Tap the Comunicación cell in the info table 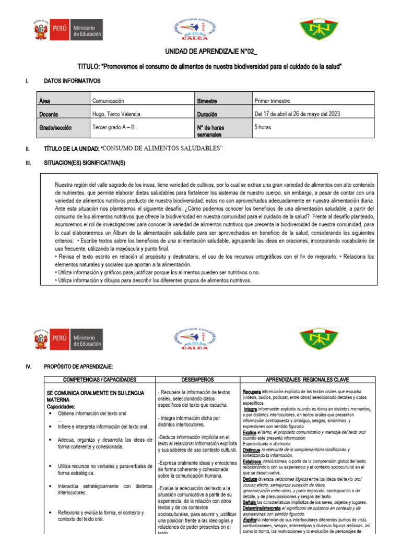108,101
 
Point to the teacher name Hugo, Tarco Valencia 116,114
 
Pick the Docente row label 49,114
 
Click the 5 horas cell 263,127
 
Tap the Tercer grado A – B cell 114,127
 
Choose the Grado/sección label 55,127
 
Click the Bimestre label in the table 207,101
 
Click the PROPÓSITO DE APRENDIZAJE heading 79,367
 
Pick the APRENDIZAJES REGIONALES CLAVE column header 308,380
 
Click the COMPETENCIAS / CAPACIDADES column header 99,380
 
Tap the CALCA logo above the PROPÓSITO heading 194,337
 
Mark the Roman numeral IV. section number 29,367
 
